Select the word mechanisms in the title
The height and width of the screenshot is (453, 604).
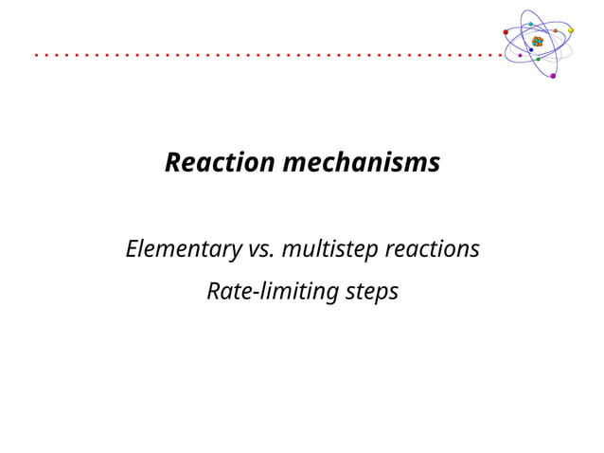pos(362,163)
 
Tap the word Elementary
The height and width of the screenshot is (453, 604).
pos(182,250)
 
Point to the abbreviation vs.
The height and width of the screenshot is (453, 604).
pos(260,250)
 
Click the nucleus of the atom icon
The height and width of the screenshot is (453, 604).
pos(538,42)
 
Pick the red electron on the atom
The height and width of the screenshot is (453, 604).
pos(506,31)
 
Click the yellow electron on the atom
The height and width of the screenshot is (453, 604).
pos(570,29)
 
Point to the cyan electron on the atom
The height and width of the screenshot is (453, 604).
pos(531,24)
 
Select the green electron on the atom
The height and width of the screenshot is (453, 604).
pos(538,59)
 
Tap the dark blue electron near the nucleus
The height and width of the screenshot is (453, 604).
pos(531,50)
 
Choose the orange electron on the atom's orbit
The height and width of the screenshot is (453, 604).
pos(555,30)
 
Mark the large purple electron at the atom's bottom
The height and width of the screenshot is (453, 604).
pos(553,76)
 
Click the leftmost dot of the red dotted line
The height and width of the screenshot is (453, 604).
pos(36,56)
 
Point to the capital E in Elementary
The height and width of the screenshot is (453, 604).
pos(132,250)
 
